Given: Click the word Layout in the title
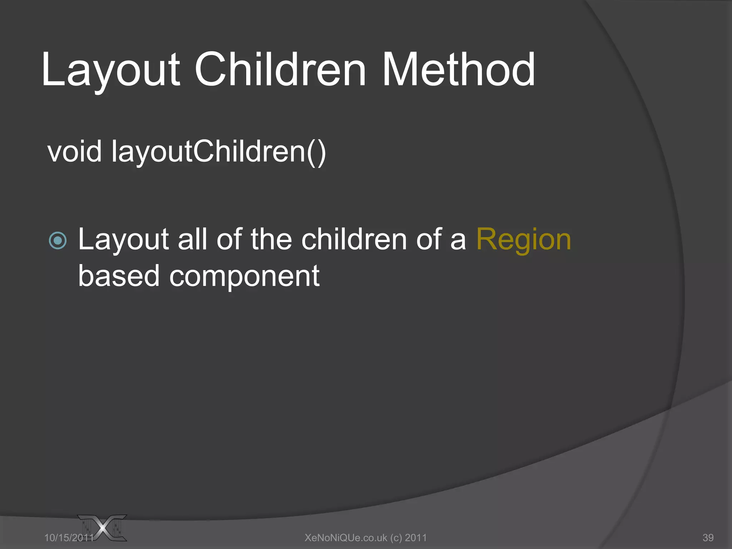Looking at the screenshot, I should (110, 70).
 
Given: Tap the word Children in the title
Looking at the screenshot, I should (280, 70).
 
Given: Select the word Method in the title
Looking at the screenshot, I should (459, 70).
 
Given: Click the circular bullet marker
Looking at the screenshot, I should (58, 240).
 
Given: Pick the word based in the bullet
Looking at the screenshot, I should (119, 276).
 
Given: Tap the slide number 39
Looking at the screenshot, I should (708, 538).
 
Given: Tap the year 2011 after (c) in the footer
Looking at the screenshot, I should (416, 538).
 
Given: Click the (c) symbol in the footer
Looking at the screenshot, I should (396, 538).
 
